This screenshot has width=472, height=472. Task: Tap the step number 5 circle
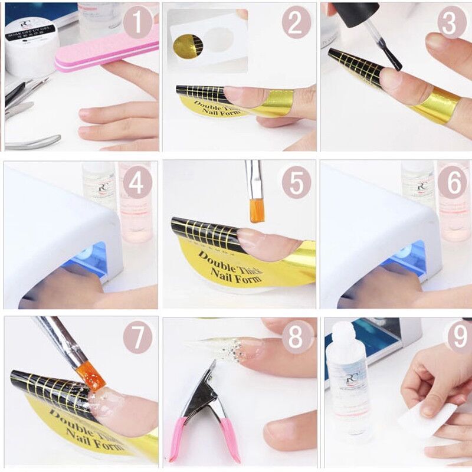pos(295,183)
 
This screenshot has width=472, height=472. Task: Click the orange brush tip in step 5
pos(257,210)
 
